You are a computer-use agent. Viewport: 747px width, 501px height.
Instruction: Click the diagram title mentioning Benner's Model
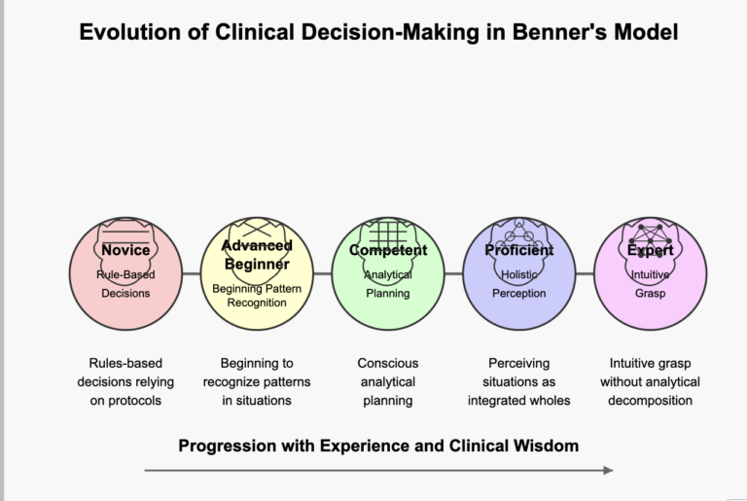coord(378,32)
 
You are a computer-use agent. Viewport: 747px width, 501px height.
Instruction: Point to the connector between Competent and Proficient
coord(453,274)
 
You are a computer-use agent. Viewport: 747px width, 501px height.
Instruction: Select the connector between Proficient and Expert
coord(585,274)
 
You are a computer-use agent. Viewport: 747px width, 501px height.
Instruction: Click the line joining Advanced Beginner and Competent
coord(323,274)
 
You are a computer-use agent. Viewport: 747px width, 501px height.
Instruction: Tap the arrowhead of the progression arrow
coord(608,470)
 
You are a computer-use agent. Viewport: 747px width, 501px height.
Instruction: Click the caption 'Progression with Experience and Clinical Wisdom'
coord(378,446)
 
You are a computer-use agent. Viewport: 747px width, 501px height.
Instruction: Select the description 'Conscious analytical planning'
coord(388,381)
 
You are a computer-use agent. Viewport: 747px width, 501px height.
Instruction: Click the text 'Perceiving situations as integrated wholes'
coord(518,381)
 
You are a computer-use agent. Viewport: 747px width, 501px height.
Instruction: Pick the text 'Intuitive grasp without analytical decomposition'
coord(650,381)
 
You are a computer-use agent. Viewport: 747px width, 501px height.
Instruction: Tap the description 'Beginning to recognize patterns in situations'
coord(257,381)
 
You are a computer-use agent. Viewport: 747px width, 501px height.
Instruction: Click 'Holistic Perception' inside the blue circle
coord(518,284)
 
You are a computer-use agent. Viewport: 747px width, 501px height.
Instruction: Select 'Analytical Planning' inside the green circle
coord(388,284)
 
